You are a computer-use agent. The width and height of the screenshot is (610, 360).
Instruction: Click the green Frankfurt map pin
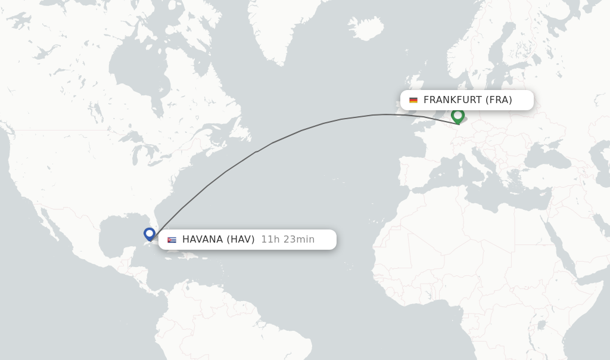tap(457, 115)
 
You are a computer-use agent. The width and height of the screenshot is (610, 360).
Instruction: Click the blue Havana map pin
tap(150, 234)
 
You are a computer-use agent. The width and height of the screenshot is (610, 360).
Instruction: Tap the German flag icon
tap(413, 100)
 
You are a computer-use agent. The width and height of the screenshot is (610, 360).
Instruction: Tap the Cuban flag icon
tap(172, 240)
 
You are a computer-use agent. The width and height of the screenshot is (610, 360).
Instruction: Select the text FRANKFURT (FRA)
tap(468, 100)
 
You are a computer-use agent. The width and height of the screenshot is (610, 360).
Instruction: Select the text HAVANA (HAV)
tap(218, 240)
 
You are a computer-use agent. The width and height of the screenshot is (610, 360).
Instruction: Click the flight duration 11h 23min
tap(288, 240)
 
